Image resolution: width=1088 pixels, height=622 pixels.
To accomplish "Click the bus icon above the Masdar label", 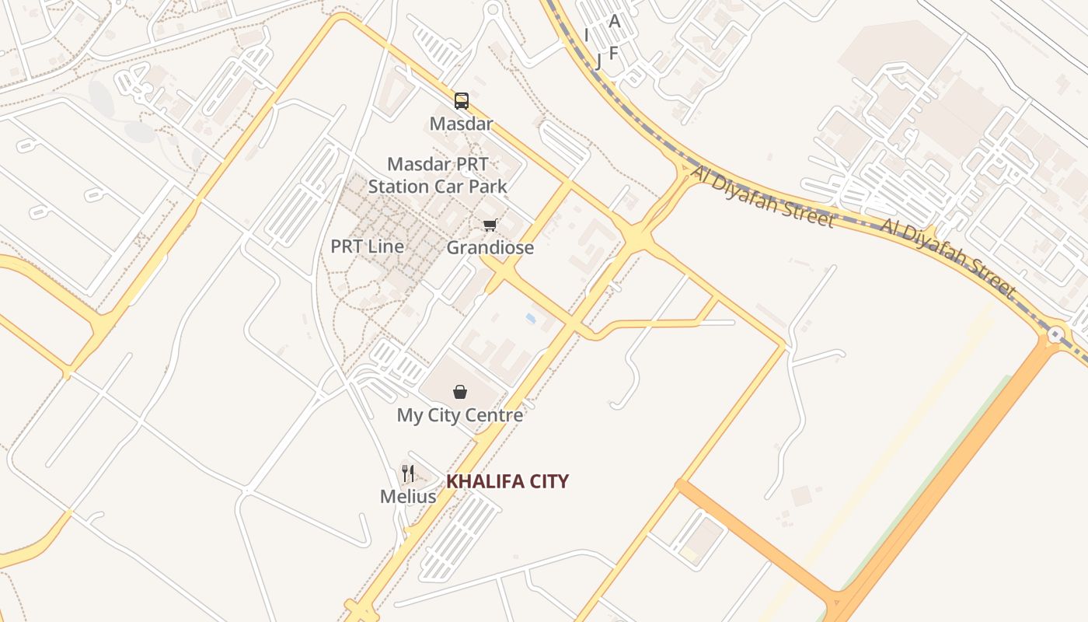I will click(x=462, y=100).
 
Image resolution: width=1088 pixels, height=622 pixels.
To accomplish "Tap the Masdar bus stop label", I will click(x=462, y=124).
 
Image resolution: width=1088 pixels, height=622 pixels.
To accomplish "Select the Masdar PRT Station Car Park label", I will click(x=438, y=176).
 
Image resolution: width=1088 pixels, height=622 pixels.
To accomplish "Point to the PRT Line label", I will click(x=368, y=246).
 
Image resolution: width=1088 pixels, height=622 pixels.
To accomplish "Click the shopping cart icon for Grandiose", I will click(x=490, y=225).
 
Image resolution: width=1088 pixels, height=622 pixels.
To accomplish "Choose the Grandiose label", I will click(x=490, y=248).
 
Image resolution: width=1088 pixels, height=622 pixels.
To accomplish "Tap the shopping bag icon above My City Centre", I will click(x=460, y=392).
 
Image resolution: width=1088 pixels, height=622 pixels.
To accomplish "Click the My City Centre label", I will click(x=460, y=415).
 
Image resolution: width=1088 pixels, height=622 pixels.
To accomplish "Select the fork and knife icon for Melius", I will click(x=408, y=473).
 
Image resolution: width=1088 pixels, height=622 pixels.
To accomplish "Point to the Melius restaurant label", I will click(x=408, y=495).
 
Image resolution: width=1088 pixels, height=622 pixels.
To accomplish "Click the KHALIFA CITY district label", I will click(x=507, y=481).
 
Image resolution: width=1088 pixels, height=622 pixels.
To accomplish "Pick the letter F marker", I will click(x=613, y=53).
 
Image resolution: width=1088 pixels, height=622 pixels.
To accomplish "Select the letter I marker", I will click(x=586, y=35).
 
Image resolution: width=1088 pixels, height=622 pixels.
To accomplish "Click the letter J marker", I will click(x=598, y=61).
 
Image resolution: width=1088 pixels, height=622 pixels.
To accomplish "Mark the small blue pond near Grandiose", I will click(x=531, y=319).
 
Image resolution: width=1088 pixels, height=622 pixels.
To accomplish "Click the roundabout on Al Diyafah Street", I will click(x=1055, y=335).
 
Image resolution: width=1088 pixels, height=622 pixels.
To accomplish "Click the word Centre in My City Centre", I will click(x=495, y=415).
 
